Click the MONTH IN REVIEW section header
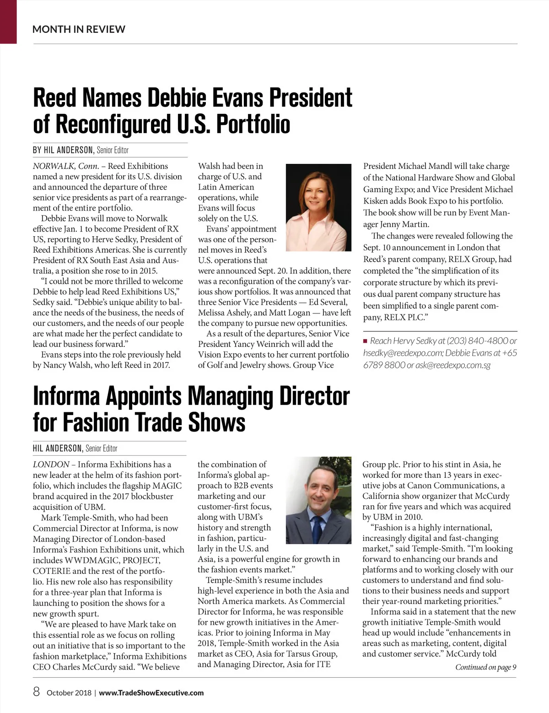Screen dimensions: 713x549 click(x=79, y=29)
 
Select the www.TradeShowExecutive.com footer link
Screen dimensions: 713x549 click(x=151, y=693)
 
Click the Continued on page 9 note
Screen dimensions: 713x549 click(x=485, y=667)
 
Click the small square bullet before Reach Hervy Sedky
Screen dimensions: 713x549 click(x=366, y=341)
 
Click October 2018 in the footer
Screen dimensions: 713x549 click(x=69, y=693)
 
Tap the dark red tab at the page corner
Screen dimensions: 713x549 click(x=8, y=22)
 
